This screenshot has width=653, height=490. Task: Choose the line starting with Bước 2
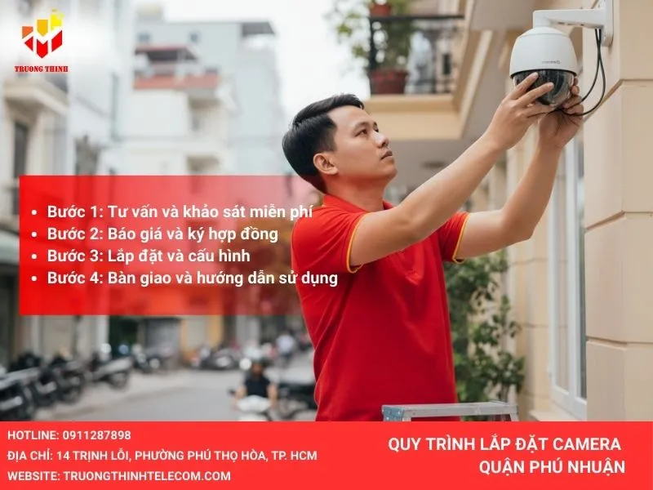pyautogui.click(x=162, y=234)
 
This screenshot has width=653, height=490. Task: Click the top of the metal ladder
pyautogui.click(x=449, y=408)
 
